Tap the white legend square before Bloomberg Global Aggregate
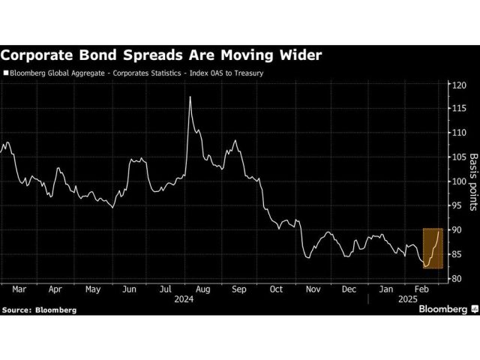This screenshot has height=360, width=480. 6,73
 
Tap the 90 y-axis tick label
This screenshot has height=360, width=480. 454,230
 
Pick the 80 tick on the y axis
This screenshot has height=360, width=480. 454,279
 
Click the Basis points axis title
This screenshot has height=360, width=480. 473,181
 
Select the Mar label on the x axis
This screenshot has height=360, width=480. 19,288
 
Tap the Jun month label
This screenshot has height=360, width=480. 129,288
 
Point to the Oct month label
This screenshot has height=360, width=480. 275,288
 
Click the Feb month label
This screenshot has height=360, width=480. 421,288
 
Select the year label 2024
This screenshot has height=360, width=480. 184,298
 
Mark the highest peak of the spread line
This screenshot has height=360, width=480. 190,97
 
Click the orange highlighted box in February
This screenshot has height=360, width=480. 433,248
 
